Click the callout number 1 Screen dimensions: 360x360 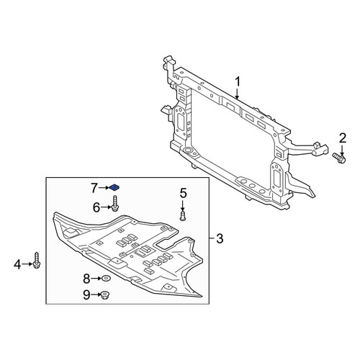point(238,82)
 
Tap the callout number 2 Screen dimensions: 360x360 point(343,138)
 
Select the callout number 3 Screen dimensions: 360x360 point(220,238)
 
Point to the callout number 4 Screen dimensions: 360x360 point(17,265)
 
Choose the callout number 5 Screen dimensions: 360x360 point(183,193)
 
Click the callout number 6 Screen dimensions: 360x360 point(96,207)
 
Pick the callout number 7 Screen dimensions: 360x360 point(94,189)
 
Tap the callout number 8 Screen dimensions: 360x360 point(86,279)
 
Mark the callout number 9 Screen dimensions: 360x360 point(86,294)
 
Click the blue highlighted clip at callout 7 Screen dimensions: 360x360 point(115,187)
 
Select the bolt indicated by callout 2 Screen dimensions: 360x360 point(339,158)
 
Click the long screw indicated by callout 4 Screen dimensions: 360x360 point(37,260)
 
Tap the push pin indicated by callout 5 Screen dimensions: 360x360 point(183,215)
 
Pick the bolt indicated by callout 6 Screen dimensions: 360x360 point(115,204)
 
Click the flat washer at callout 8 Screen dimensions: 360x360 point(106,279)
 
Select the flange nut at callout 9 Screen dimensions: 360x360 point(104,295)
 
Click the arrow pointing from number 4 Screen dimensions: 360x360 point(27,264)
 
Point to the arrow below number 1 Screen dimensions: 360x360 point(237,94)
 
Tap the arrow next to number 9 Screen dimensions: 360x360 point(96,294)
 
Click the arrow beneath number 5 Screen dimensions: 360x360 point(183,204)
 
